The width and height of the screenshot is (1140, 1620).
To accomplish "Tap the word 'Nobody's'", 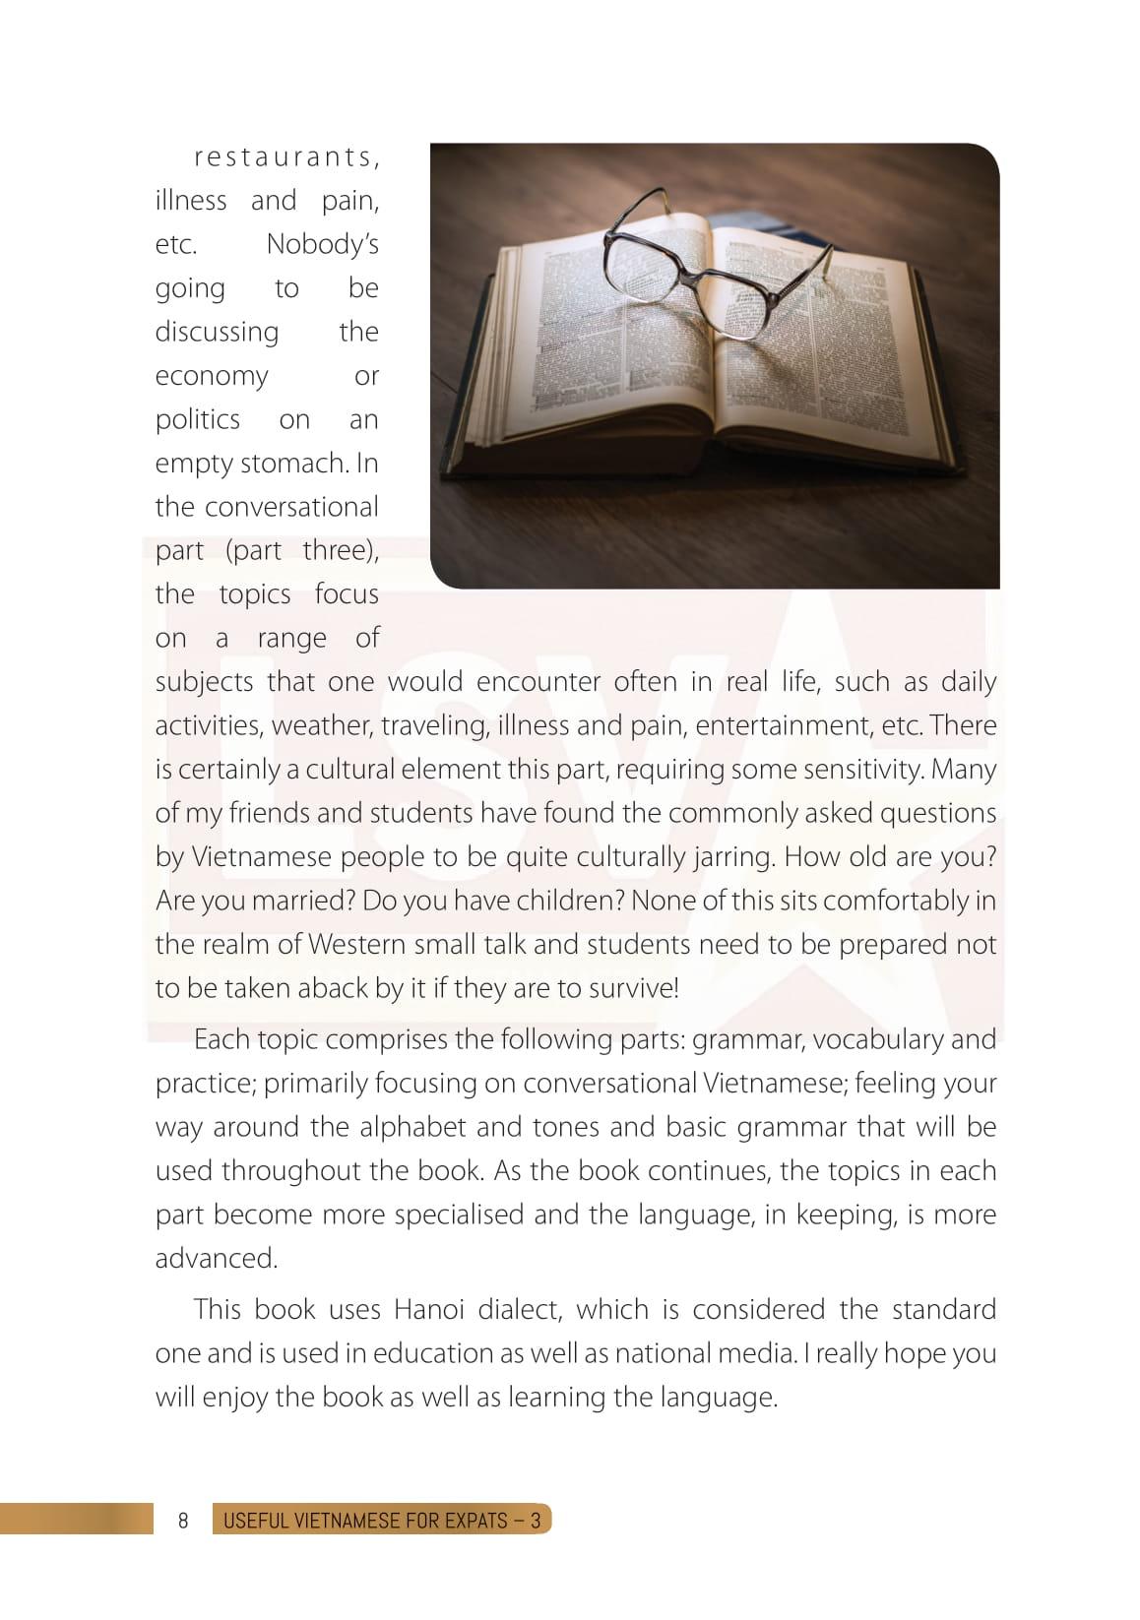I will click(322, 244).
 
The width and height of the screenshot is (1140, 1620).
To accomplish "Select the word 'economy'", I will click(212, 376).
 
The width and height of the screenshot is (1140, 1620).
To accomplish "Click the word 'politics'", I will click(198, 419).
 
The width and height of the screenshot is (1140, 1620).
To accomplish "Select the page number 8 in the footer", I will click(183, 1520).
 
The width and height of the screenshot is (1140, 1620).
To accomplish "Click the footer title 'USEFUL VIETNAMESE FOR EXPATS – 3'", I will click(382, 1520).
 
